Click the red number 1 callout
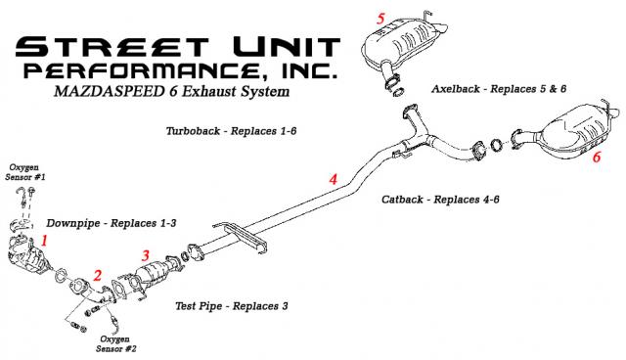pyautogui.click(x=44, y=241)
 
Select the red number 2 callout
pyautogui.click(x=98, y=275)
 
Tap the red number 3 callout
pyautogui.click(x=146, y=255)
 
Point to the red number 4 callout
pyautogui.click(x=333, y=179)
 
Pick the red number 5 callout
pyautogui.click(x=380, y=19)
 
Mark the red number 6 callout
pyautogui.click(x=596, y=157)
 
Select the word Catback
pyautogui.click(x=402, y=199)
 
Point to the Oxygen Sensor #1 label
pyautogui.click(x=25, y=172)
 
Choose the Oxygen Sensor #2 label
pyautogui.click(x=115, y=343)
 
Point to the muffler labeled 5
pyautogui.click(x=404, y=43)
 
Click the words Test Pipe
pyautogui.click(x=199, y=306)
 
